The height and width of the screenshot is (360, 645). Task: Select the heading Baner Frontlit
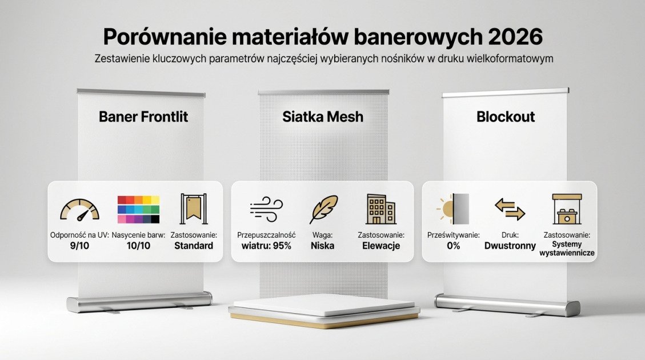pyautogui.click(x=143, y=117)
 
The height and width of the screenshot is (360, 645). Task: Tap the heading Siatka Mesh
pyautogui.click(x=323, y=117)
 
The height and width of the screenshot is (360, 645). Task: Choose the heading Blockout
pyautogui.click(x=506, y=117)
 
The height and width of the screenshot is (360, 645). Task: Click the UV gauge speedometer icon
pyautogui.click(x=79, y=210)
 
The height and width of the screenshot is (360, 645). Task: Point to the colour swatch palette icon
pyautogui.click(x=138, y=209)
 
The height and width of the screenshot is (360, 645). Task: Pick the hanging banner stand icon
pyautogui.click(x=194, y=209)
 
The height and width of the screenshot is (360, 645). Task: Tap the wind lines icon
pyautogui.click(x=266, y=209)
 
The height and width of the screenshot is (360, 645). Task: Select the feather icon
pyautogui.click(x=323, y=209)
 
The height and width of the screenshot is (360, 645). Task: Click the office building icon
pyautogui.click(x=380, y=209)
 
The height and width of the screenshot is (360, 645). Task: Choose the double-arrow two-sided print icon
pyautogui.click(x=510, y=209)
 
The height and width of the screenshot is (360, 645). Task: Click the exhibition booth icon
pyautogui.click(x=567, y=209)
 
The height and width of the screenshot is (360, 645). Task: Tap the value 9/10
pyautogui.click(x=79, y=246)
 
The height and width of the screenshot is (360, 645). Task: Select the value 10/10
pyautogui.click(x=139, y=246)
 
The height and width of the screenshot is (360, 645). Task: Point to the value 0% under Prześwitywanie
pyautogui.click(x=454, y=246)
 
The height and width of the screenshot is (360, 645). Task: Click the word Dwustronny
pyautogui.click(x=510, y=246)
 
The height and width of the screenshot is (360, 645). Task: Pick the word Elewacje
pyautogui.click(x=381, y=246)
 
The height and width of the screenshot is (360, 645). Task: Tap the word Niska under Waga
pyautogui.click(x=323, y=246)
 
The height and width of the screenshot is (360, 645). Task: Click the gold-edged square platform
pyautogui.click(x=324, y=311)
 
